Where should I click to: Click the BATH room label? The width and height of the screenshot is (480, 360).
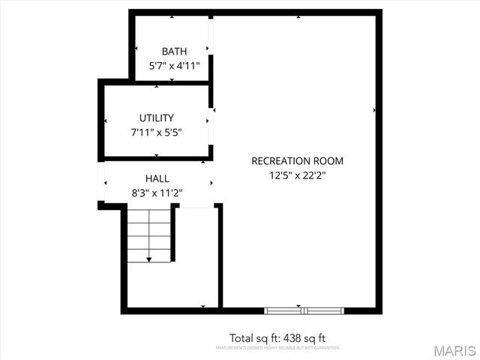click(x=174, y=51)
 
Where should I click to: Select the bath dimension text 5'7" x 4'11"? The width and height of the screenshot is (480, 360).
click(x=174, y=65)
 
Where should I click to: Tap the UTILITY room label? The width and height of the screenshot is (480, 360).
click(x=156, y=118)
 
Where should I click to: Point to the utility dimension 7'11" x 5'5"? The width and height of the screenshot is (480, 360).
click(x=156, y=132)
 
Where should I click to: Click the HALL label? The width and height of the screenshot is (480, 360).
click(x=157, y=178)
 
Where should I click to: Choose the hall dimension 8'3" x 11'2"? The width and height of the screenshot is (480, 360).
click(x=157, y=193)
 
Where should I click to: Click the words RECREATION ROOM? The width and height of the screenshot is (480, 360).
click(x=297, y=160)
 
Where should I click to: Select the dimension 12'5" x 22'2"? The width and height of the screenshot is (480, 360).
click(x=297, y=175)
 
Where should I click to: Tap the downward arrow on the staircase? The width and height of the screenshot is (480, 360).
click(x=148, y=259)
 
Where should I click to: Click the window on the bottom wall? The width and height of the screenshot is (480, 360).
click(x=304, y=310)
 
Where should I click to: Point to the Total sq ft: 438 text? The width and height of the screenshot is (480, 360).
click(x=277, y=337)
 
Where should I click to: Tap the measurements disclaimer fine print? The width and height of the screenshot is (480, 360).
click(x=277, y=348)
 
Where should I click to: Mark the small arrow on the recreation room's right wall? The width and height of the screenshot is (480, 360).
click(x=374, y=109)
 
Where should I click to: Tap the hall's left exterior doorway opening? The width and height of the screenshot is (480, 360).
click(x=100, y=182)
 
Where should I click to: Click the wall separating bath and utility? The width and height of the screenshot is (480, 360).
click(x=155, y=82)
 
